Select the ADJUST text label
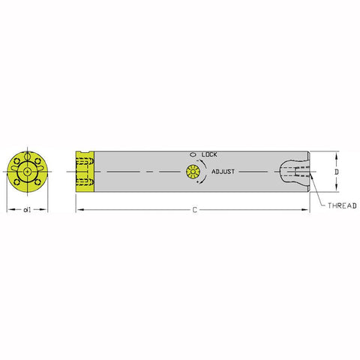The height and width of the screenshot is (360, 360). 224,171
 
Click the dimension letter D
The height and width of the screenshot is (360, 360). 337,172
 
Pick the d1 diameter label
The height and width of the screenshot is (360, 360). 26,210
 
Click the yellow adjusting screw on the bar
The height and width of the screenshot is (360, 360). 193,172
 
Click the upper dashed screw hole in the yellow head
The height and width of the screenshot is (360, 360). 84,163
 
